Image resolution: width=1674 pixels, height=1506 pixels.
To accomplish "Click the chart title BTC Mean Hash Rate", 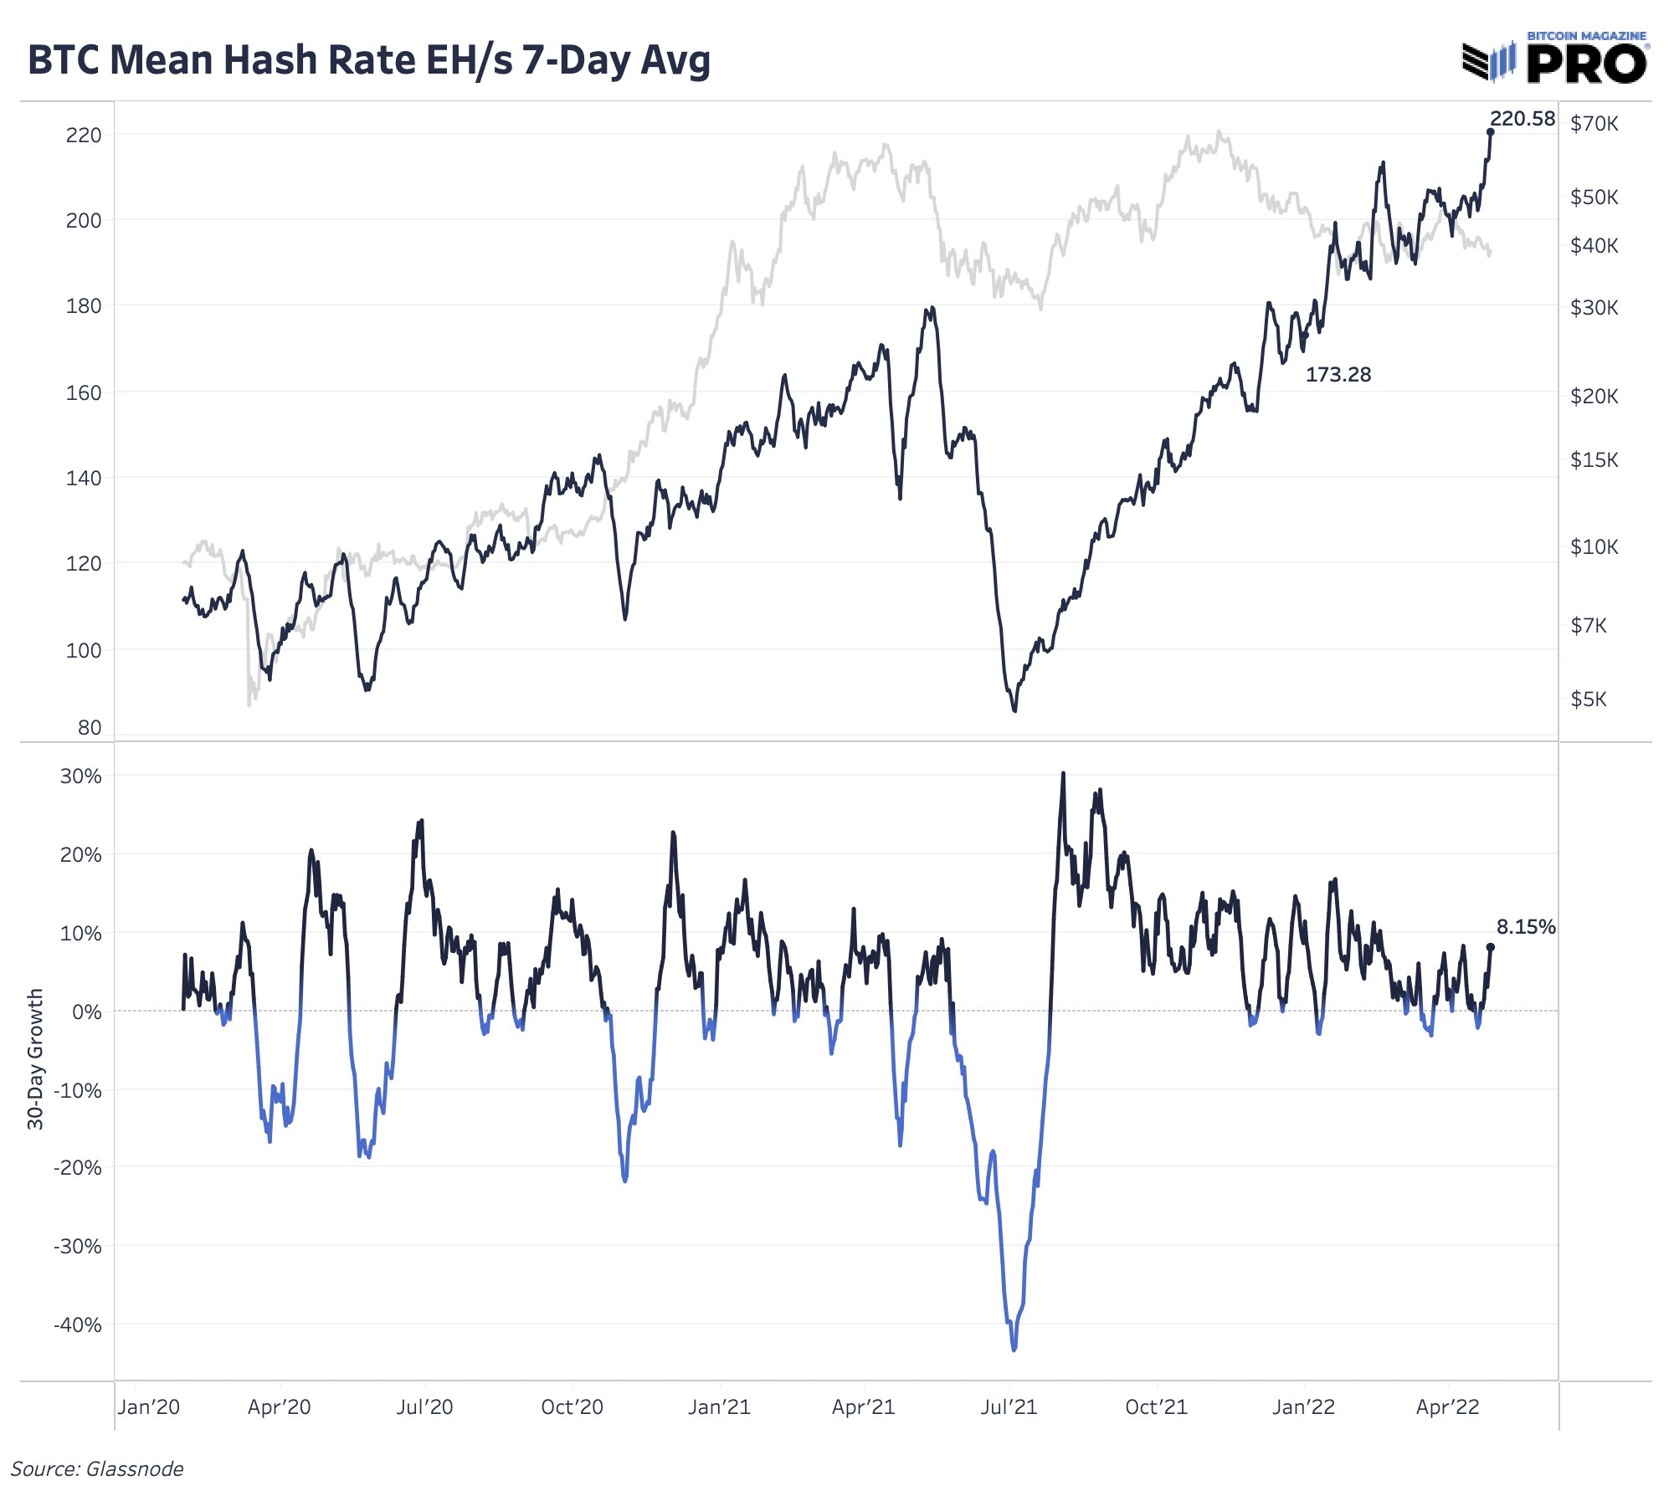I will click(369, 61).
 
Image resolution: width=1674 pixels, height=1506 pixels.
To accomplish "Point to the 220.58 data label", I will click(1523, 119).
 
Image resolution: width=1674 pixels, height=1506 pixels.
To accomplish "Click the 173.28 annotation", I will click(1338, 375).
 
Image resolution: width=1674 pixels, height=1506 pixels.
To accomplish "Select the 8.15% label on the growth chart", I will click(1526, 927).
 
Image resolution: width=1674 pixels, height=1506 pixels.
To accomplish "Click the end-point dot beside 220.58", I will click(1490, 132).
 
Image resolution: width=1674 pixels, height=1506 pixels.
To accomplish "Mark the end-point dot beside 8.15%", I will click(1490, 947).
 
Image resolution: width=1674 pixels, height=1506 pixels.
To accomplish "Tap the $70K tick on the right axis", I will click(1594, 124).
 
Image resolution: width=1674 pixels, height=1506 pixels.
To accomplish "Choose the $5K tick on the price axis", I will click(1589, 699).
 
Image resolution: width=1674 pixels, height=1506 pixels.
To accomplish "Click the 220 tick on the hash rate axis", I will click(84, 135).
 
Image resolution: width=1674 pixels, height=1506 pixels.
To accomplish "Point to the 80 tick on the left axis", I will click(90, 728).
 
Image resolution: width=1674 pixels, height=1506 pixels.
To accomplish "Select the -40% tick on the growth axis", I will click(78, 1325).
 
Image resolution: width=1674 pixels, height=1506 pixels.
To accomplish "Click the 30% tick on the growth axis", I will click(81, 776).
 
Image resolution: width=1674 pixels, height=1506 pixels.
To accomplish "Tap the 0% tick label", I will click(87, 1012).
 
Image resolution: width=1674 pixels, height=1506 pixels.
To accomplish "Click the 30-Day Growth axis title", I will click(35, 1059).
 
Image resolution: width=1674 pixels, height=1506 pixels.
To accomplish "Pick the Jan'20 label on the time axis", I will click(149, 1407).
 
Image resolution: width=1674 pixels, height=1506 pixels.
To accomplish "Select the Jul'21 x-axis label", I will click(1009, 1407).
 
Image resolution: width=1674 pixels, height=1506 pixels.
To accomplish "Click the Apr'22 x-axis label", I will click(1448, 1407).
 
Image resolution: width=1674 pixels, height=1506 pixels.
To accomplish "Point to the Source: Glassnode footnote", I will click(97, 1469).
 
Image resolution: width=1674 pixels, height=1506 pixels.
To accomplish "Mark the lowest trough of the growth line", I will click(1014, 1349).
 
